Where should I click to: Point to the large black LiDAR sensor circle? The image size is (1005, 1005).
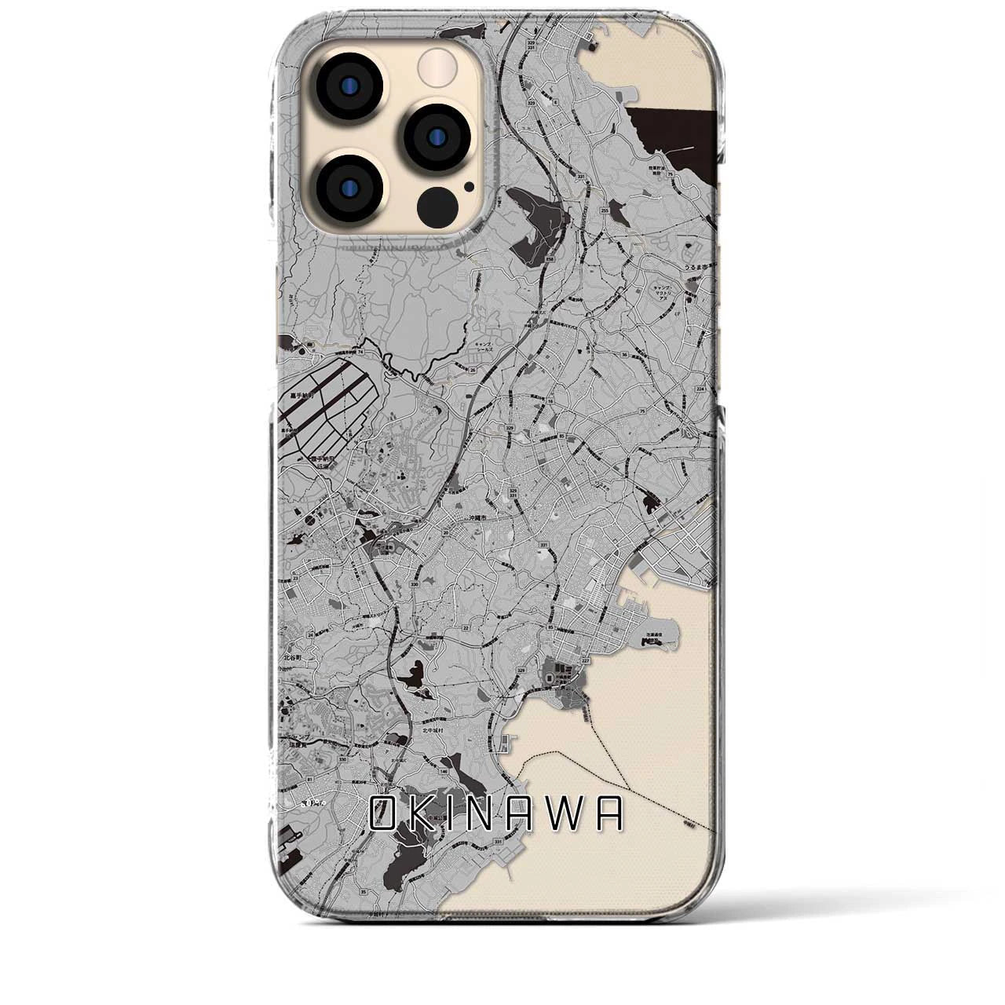[x=438, y=205]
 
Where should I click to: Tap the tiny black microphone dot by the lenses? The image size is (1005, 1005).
[x=469, y=187]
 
